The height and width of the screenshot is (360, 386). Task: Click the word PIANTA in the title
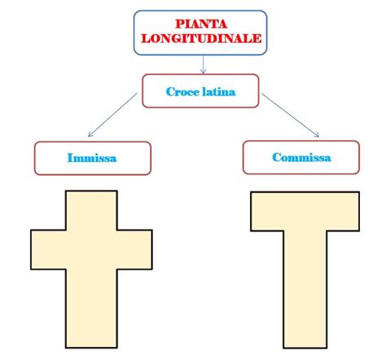pyautogui.click(x=201, y=24)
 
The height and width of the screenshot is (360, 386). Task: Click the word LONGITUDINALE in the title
pyautogui.click(x=201, y=38)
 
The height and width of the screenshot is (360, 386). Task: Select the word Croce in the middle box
pyautogui.click(x=182, y=92)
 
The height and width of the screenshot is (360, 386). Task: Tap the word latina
pyautogui.click(x=219, y=92)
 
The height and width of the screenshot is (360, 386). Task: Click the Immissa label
pyautogui.click(x=92, y=158)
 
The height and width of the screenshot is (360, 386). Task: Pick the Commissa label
pyautogui.click(x=301, y=157)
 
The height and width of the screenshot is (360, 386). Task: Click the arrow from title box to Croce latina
pyautogui.click(x=203, y=64)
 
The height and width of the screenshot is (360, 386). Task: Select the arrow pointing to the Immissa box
pyautogui.click(x=112, y=115)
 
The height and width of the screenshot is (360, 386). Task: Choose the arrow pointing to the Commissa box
pyautogui.click(x=290, y=115)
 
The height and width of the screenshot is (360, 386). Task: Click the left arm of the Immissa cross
pyautogui.click(x=48, y=250)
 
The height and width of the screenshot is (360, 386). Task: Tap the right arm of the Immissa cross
pyautogui.click(x=134, y=250)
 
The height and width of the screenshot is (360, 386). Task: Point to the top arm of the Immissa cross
pyautogui.click(x=91, y=210)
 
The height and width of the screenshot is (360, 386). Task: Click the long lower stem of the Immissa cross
pyautogui.click(x=91, y=309)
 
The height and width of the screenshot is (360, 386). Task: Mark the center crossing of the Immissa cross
pyautogui.click(x=91, y=250)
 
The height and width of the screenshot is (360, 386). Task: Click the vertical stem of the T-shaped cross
pyautogui.click(x=305, y=289)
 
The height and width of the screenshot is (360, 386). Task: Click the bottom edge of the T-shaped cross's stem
pyautogui.click(x=305, y=348)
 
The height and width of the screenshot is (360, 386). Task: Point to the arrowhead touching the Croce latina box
pyautogui.click(x=203, y=72)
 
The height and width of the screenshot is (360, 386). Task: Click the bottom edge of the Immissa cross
pyautogui.click(x=91, y=347)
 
